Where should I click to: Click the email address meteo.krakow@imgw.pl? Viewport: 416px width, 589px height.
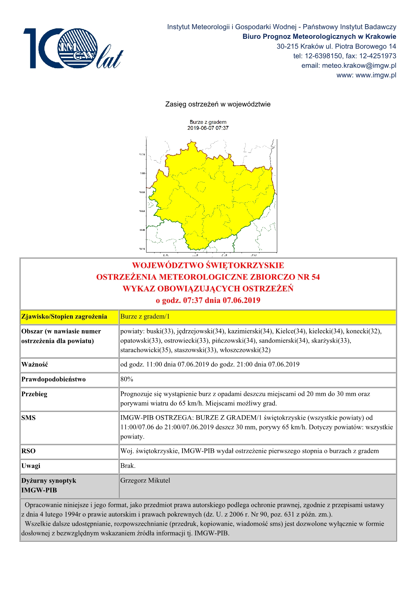[359, 65]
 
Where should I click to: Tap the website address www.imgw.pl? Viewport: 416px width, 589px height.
[376, 75]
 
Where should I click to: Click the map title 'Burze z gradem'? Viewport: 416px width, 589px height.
[208, 122]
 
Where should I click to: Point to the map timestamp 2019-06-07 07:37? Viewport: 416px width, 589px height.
[208, 128]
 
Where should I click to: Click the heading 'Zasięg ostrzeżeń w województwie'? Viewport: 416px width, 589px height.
[217, 104]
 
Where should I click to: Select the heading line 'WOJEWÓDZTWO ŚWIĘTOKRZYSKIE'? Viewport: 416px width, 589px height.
[208, 265]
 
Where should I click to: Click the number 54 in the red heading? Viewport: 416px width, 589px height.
[315, 277]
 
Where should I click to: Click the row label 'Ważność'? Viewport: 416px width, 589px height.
[35, 364]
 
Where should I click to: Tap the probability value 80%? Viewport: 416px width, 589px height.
[127, 379]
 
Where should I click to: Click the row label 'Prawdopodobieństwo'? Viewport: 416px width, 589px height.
[53, 379]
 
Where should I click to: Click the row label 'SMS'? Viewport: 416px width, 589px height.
[28, 418]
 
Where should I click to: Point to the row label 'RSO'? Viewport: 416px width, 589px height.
[28, 451]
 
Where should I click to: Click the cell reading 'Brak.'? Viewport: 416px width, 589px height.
[128, 466]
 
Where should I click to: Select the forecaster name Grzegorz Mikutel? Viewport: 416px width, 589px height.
[145, 481]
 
